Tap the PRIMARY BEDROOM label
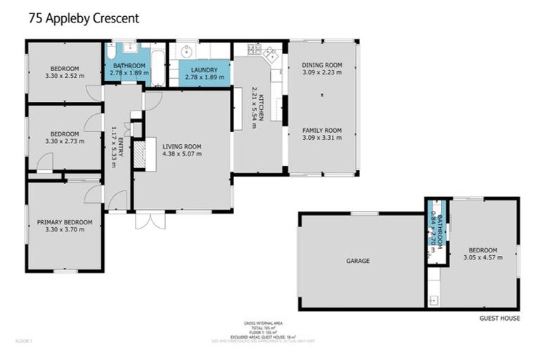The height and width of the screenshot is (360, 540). tap(64, 222)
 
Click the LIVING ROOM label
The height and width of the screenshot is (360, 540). tap(181, 146)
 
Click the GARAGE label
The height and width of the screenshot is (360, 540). tap(357, 261)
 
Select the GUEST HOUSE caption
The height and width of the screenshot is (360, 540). tap(500, 319)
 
